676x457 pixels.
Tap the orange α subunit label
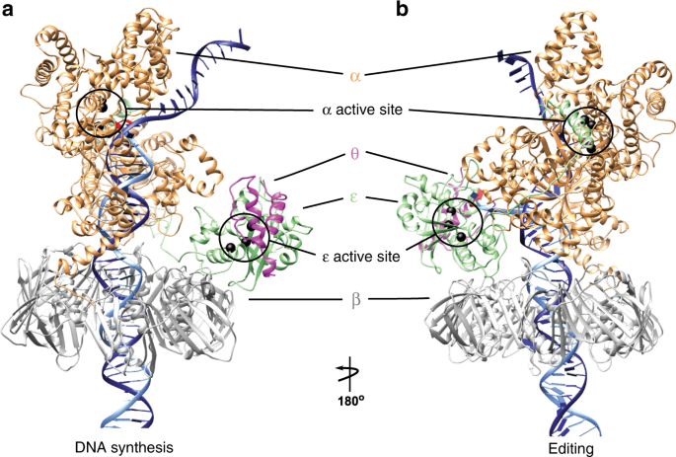354,76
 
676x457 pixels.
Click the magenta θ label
353,155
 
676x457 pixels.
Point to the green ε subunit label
352,196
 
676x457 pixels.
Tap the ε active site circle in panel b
458,222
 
